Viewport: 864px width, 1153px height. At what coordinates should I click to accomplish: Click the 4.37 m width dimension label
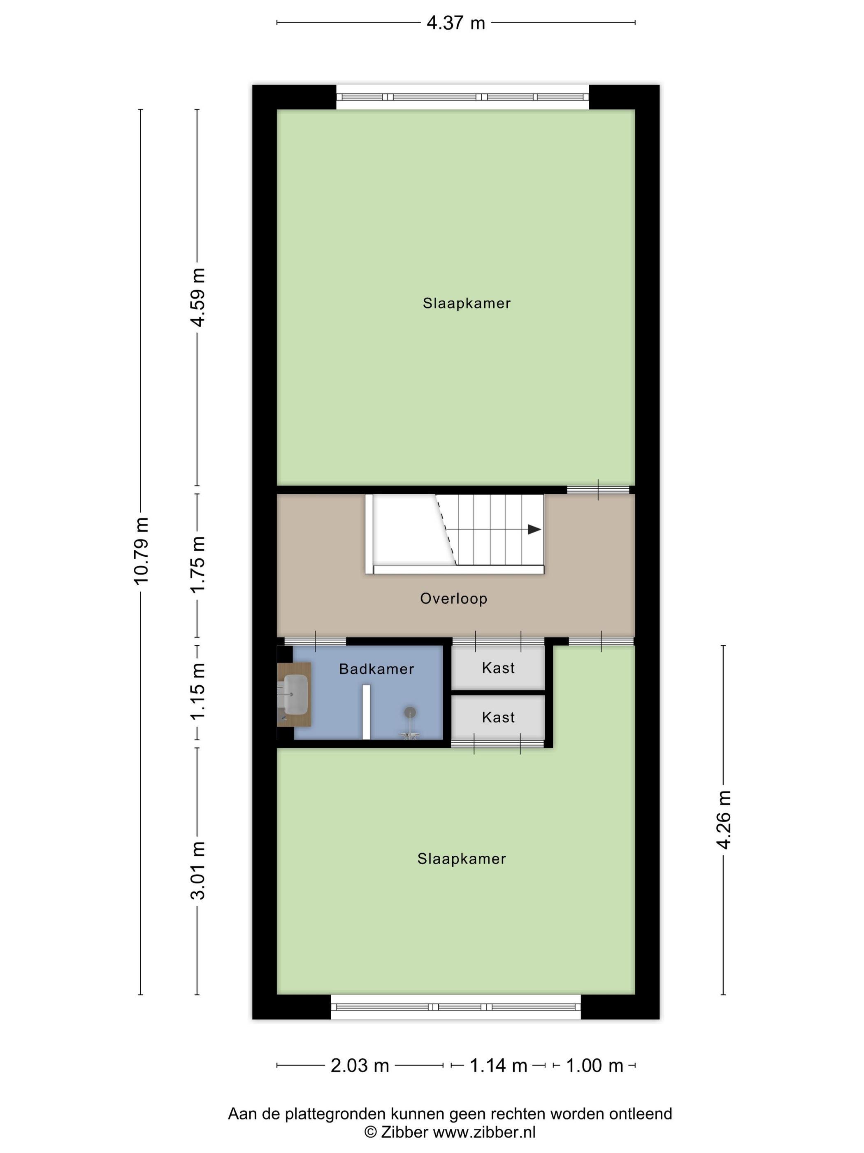456,23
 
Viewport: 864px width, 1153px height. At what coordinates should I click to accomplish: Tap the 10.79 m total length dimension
142,551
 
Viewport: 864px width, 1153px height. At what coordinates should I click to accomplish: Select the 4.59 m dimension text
198,297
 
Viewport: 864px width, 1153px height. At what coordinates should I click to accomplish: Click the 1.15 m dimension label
198,692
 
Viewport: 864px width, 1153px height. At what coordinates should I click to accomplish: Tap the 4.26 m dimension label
724,820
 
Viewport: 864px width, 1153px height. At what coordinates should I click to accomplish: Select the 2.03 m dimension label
360,1066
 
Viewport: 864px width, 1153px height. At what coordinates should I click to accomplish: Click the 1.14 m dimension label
498,1066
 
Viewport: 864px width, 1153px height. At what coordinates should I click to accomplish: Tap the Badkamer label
376,669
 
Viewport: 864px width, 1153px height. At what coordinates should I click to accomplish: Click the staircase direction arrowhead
535,530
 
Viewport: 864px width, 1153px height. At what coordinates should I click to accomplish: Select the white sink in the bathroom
296,694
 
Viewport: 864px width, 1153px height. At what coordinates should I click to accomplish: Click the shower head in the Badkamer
410,712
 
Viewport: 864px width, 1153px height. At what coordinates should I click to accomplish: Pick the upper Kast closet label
498,668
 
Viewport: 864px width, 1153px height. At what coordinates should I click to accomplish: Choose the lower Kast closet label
498,717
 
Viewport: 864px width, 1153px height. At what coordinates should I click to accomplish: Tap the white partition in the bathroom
366,712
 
